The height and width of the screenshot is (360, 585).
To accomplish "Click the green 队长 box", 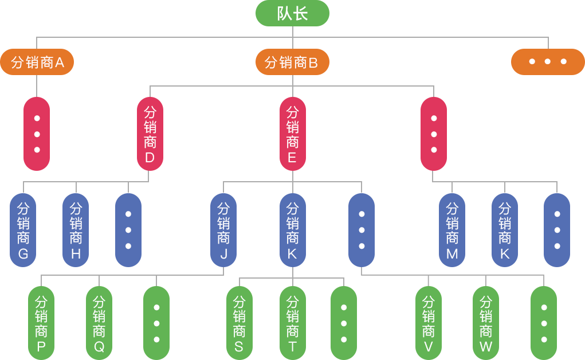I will coord(292,13).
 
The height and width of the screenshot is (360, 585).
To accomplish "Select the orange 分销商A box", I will coord(37,62).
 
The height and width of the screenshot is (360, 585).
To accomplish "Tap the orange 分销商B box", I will coord(292,62).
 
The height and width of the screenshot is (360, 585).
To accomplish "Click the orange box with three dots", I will coord(547,62).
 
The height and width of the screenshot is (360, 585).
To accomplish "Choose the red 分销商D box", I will coord(150,134).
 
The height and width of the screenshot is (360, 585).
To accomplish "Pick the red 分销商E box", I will coord(292,134).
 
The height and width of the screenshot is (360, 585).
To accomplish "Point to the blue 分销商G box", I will coord(23,229).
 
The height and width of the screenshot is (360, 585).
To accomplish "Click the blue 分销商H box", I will coord(76,229).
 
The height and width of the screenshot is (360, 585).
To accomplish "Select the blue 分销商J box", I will coord(223,229).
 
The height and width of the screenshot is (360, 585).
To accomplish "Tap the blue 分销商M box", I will coord(452,229).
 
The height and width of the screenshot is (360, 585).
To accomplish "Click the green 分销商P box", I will coord(41,323).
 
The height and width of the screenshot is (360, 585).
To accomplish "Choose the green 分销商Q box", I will coord(99,323).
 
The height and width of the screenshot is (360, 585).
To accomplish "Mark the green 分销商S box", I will coord(239,323).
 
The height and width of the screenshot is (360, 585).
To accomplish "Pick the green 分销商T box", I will coord(292,323).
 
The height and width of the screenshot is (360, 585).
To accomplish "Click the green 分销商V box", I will coord(428,323).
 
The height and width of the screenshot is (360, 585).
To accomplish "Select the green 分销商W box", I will coord(486,323).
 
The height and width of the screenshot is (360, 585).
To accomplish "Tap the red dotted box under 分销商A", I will coord(37,134).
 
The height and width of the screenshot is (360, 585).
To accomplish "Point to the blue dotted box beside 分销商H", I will coord(128,229).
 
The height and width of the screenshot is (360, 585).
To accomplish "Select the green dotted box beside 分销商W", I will coord(544,323).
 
